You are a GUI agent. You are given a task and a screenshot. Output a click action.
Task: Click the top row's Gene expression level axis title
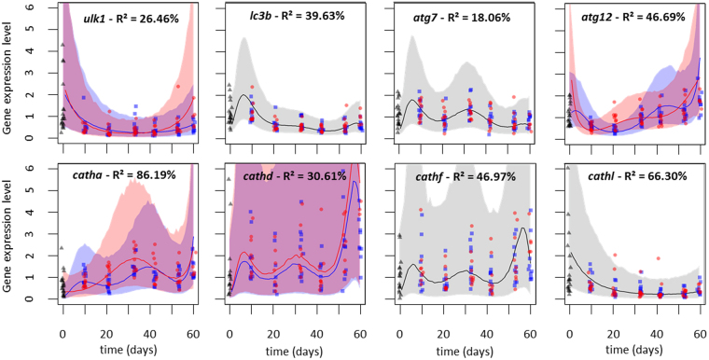(x=10, y=80)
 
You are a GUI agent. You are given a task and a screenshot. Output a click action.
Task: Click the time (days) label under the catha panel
(x=128, y=351)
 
